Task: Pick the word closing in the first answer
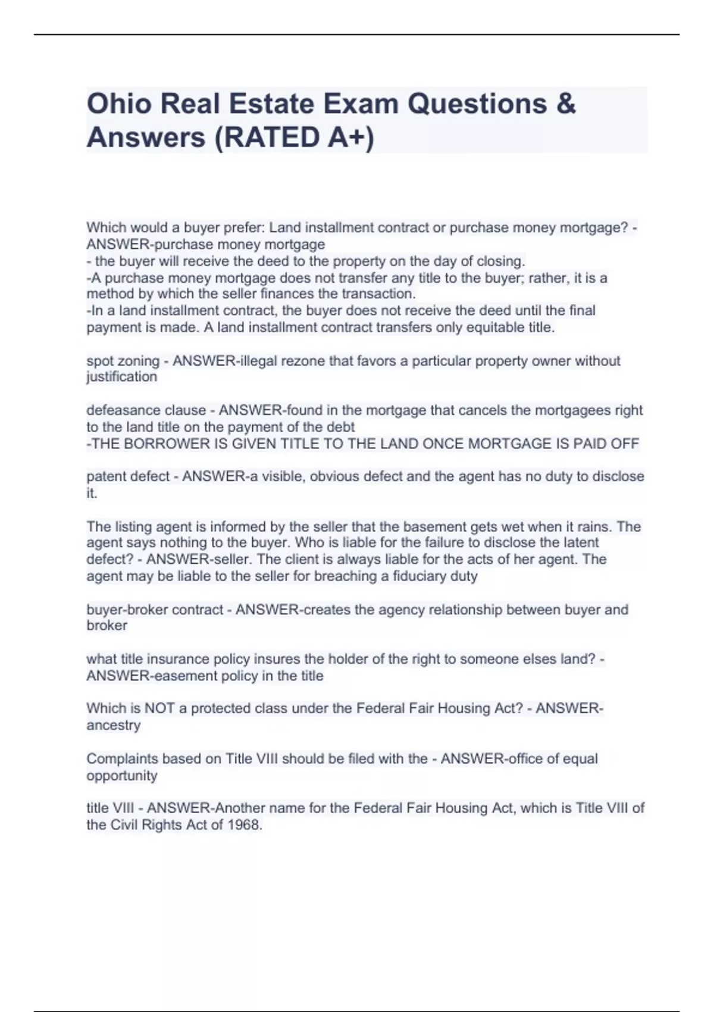(x=500, y=261)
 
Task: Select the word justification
(x=122, y=377)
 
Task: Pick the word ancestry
(x=114, y=725)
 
